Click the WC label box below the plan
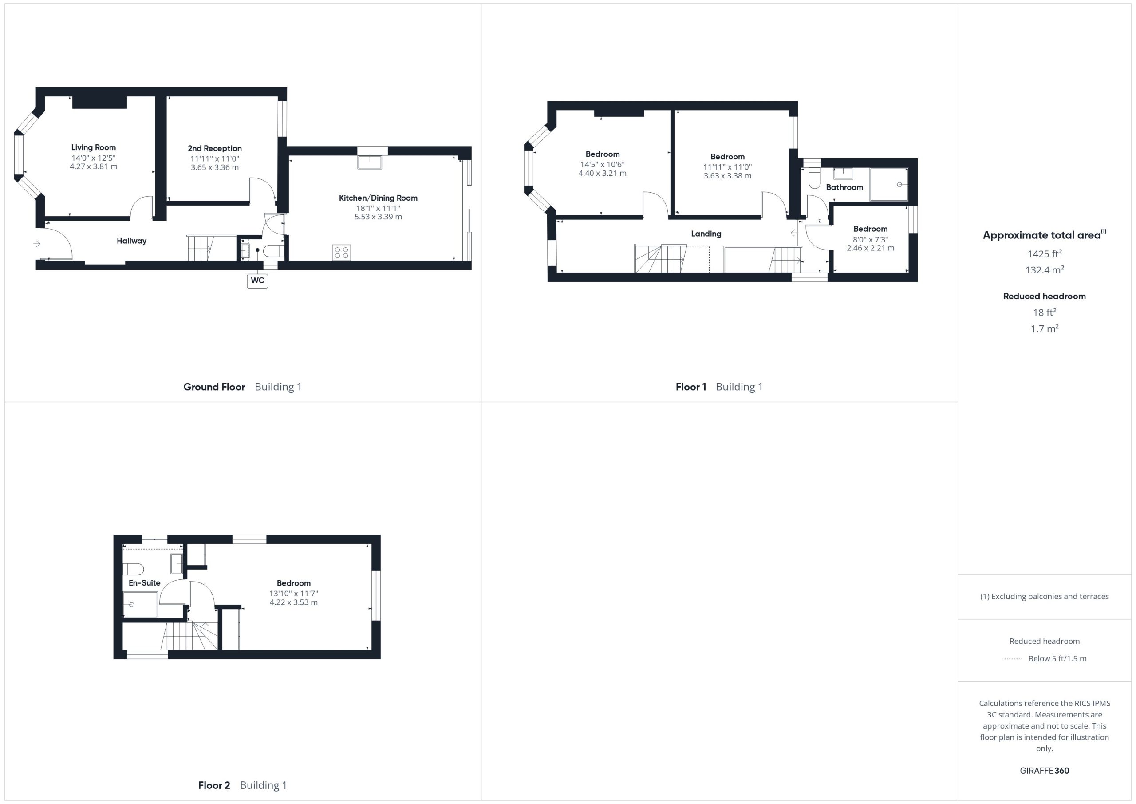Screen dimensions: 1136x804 257,281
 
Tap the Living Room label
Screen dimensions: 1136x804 94,147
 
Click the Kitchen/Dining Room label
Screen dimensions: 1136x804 378,198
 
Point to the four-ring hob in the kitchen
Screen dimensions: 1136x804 341,253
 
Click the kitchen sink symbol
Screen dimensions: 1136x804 370,162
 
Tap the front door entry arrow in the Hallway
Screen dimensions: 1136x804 37,244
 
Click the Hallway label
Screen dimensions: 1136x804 132,241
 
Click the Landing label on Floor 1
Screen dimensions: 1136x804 706,234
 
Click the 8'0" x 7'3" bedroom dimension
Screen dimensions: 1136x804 870,239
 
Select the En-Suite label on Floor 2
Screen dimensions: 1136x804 145,583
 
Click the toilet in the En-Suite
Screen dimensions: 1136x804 134,569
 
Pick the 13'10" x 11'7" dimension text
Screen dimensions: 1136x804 294,594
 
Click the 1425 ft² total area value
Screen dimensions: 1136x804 1045,253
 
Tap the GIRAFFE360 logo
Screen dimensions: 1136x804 1045,771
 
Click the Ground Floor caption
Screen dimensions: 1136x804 214,387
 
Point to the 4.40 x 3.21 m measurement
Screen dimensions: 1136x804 603,174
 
